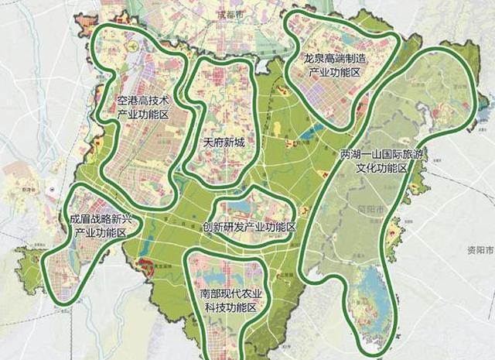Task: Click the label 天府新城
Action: pos(223,142)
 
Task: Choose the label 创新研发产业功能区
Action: pos(248,228)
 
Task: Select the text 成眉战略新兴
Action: pos(101,219)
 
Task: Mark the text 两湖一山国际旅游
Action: pos(382,155)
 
